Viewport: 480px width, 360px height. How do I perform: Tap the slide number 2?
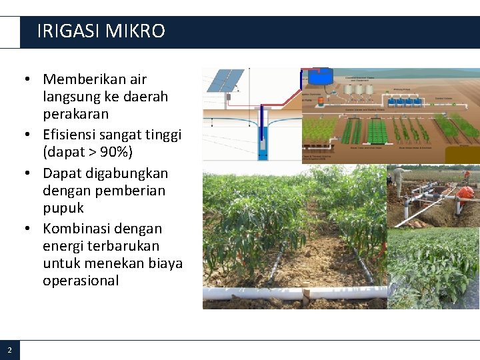pyautogui.click(x=9, y=350)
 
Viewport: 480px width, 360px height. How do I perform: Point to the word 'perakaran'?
pyautogui.click(x=75, y=113)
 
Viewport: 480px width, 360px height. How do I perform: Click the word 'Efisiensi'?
pyautogui.click(x=73, y=135)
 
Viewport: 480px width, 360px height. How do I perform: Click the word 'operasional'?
pyautogui.click(x=81, y=280)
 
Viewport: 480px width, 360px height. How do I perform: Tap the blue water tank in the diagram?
pyautogui.click(x=321, y=77)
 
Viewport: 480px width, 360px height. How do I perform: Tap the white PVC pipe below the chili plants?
pyautogui.click(x=293, y=293)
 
